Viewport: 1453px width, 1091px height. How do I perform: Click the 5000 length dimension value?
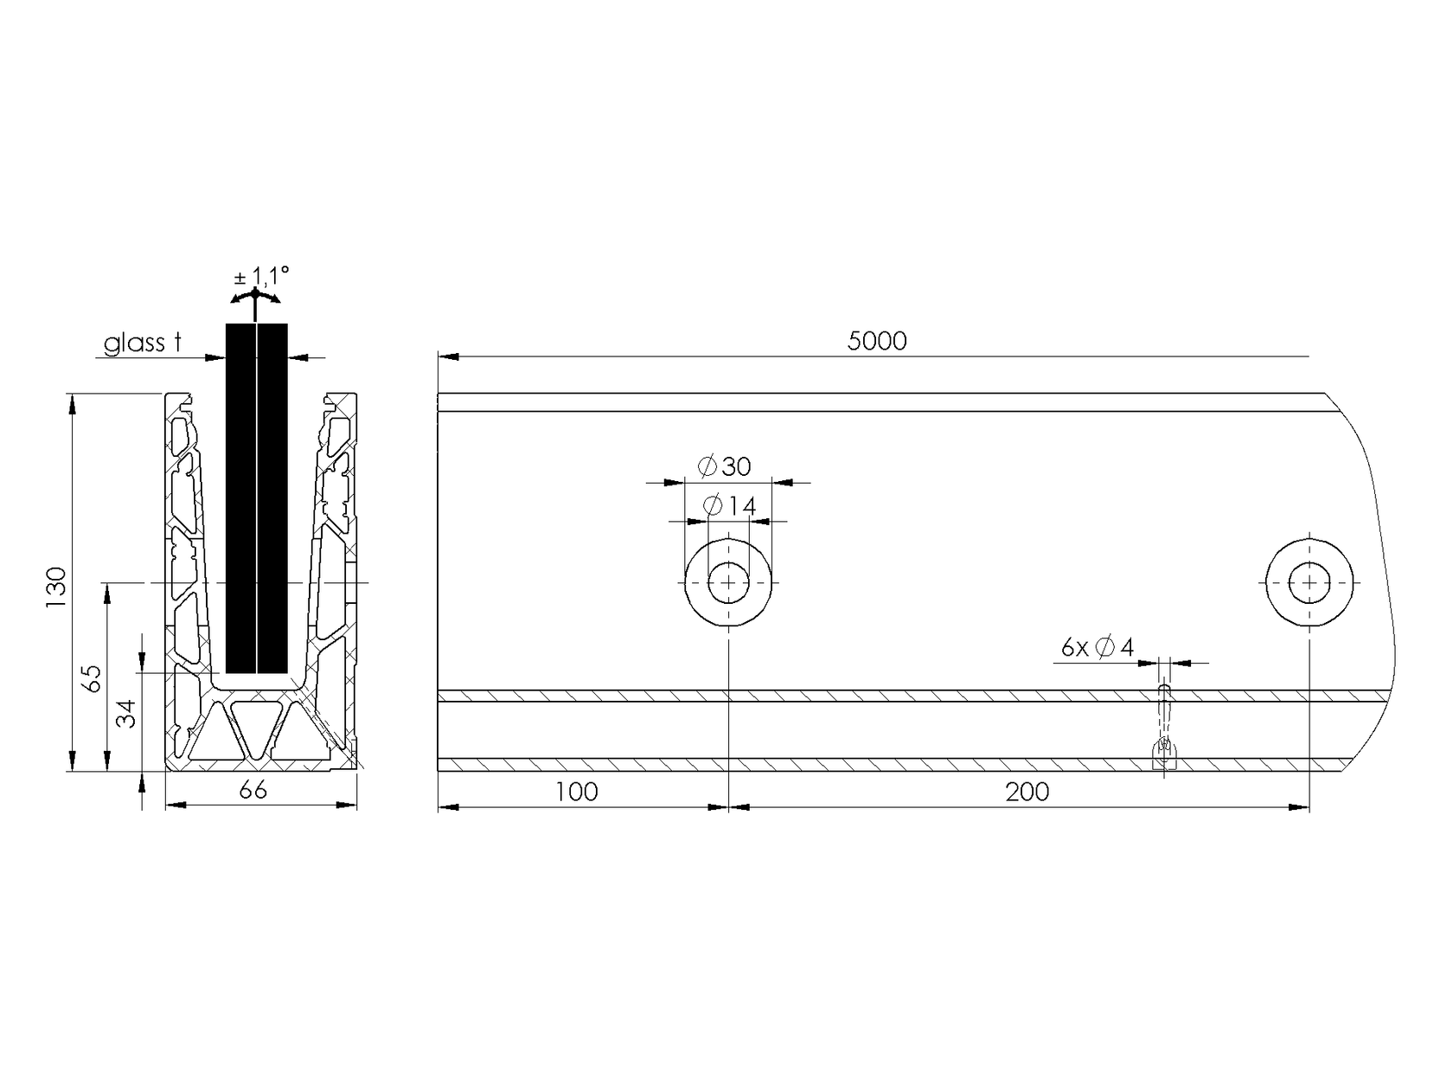(x=877, y=342)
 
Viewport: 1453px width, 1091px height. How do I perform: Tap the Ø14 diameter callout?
(x=730, y=506)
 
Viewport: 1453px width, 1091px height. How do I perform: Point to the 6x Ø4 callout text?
(x=1097, y=647)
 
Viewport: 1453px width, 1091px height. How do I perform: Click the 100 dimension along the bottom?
(x=578, y=792)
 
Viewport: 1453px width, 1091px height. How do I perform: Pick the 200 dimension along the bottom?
(x=1027, y=792)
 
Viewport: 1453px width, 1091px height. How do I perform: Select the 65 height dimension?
(x=92, y=677)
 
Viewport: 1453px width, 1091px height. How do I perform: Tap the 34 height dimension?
(x=127, y=715)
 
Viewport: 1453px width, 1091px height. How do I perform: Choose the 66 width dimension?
(x=253, y=790)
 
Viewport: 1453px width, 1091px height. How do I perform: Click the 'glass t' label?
(x=143, y=344)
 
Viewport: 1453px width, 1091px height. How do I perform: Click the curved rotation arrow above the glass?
(x=256, y=298)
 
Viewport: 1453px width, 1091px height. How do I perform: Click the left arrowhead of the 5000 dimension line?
(x=446, y=356)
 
